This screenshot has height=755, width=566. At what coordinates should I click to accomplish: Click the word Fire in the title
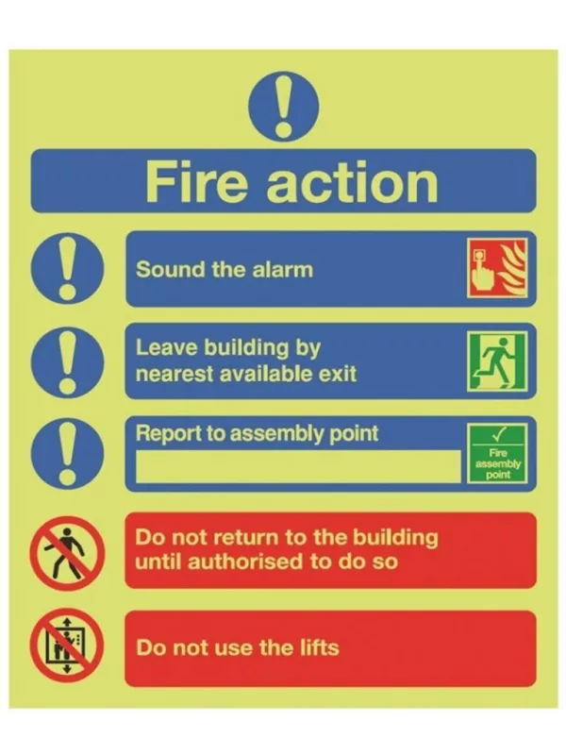tap(198, 180)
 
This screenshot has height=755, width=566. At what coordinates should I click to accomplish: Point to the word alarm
tap(281, 269)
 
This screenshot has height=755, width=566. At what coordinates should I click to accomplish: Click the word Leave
tap(163, 347)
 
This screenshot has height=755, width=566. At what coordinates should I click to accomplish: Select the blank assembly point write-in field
tap(297, 465)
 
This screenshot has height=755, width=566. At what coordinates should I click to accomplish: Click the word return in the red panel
tap(235, 538)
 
